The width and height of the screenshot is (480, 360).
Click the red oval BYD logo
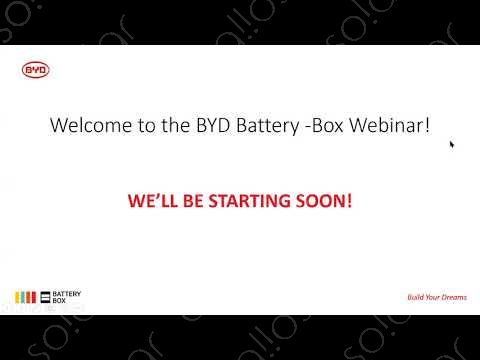(x=35, y=70)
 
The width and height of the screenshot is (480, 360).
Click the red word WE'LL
(x=151, y=200)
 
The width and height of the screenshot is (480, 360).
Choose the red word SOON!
(x=323, y=200)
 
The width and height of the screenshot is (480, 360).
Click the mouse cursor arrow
(x=452, y=144)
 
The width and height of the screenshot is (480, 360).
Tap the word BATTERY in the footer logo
(x=67, y=293)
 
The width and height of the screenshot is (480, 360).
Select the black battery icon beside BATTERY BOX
(x=44, y=296)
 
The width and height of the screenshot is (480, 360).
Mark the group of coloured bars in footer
(x=26, y=296)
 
